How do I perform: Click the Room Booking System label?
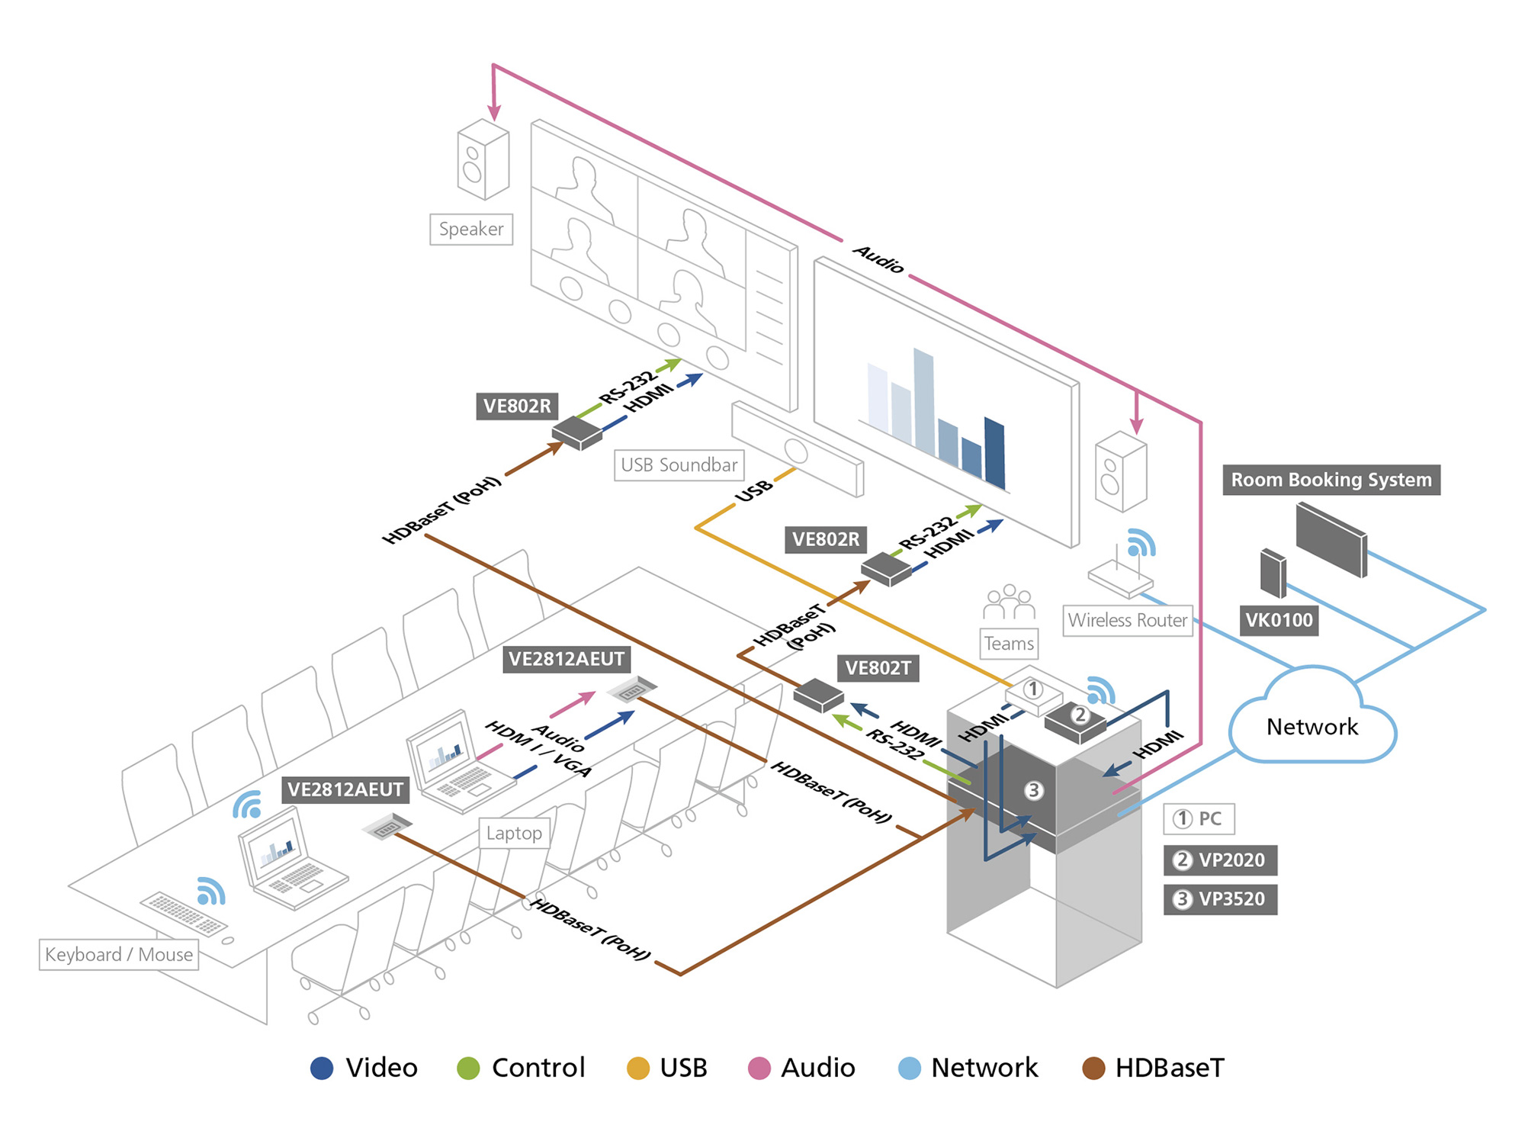1331,480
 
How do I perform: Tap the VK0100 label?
1279,620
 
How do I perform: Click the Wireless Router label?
1127,620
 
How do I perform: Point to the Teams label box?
1009,644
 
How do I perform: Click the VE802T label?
878,668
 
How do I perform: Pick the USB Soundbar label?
679,465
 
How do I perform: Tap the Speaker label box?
471,230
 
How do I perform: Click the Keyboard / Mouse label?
119,955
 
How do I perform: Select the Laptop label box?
514,834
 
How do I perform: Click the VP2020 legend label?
1220,860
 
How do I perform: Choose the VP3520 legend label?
1220,899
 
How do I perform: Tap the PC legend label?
1199,819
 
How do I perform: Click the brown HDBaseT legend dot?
1093,1068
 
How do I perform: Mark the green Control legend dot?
468,1068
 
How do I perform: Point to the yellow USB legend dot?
637,1068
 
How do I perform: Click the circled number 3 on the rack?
1033,791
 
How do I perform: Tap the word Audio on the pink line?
878,259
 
